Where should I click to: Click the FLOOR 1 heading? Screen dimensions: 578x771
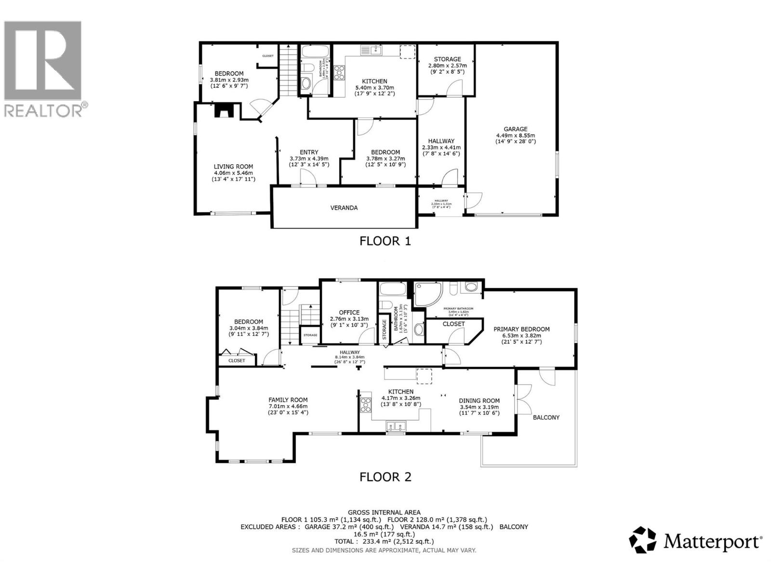coord(385,241)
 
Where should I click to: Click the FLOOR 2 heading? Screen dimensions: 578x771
coord(385,477)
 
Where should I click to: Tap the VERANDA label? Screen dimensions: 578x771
coord(344,208)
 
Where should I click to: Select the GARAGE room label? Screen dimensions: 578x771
coord(515,129)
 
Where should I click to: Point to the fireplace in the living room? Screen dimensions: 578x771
coord(225,111)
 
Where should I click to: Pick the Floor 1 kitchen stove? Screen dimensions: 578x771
coord(339,73)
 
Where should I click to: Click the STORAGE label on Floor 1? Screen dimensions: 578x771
coord(447,59)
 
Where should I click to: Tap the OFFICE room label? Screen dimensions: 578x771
coord(349,313)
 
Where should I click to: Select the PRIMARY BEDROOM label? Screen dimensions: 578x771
coord(521,329)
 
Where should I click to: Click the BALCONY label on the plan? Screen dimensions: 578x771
coord(546,418)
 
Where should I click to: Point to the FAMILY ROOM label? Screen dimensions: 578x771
coord(288,400)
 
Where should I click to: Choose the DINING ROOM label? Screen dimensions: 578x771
coord(479,401)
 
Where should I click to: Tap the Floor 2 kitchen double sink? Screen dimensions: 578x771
coord(396,426)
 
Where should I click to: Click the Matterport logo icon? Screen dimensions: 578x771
coord(643,540)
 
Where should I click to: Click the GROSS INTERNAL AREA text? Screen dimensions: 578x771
coord(384,512)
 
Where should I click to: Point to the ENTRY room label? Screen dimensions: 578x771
coord(309,152)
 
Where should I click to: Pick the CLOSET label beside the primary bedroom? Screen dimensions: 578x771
coord(453,324)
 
